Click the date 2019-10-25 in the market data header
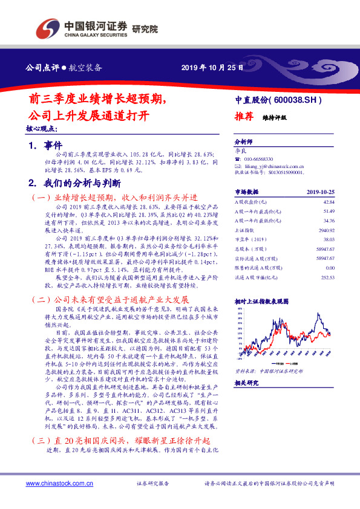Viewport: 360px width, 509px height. [x=320, y=192]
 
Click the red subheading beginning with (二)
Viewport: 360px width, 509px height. [x=110, y=299]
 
